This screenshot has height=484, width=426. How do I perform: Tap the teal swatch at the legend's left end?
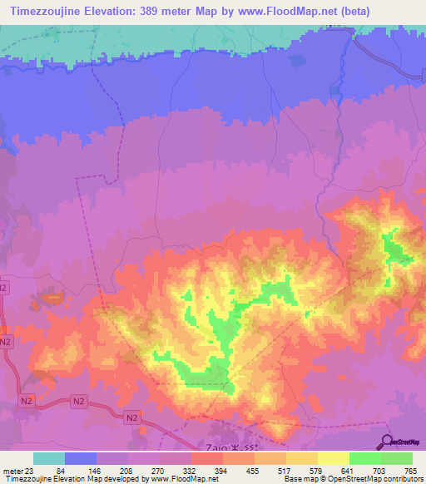(49, 459)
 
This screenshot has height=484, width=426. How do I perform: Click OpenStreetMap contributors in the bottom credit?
(379, 479)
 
